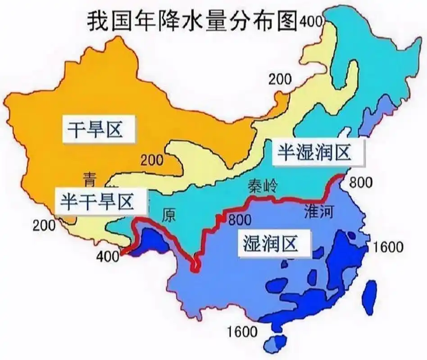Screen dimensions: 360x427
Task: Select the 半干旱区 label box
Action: coord(102,201)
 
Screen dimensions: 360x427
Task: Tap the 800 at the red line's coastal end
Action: coord(362,182)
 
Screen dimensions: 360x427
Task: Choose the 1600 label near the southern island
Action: coord(243,333)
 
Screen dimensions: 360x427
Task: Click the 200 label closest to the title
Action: coord(281,79)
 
